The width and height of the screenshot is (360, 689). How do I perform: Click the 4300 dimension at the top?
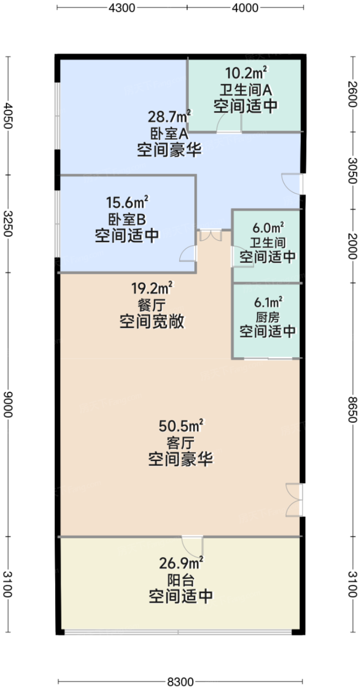click(x=122, y=8)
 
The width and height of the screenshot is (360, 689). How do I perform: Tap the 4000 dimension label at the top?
click(x=245, y=8)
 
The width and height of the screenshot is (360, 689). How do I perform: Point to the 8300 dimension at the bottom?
click(x=180, y=682)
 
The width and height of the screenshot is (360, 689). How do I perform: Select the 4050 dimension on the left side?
click(x=8, y=115)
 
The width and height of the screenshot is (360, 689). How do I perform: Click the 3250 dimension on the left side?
click(x=8, y=223)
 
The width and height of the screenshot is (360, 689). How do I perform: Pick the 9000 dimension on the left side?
click(x=8, y=405)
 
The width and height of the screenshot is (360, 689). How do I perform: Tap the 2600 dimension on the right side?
click(x=352, y=94)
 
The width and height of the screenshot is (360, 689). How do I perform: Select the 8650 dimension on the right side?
click(x=352, y=409)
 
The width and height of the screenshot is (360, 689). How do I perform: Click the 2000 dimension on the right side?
click(x=352, y=246)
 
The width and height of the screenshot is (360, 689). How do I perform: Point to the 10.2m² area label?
click(x=245, y=73)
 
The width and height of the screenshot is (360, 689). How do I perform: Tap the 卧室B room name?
click(x=127, y=219)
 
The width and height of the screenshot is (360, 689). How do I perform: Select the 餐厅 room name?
click(x=151, y=305)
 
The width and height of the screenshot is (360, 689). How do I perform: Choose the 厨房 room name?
click(x=268, y=317)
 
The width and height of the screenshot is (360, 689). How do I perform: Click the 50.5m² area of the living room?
click(x=181, y=426)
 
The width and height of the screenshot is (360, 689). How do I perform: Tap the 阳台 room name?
click(x=181, y=581)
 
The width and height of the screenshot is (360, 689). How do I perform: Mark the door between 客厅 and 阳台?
click(x=192, y=546)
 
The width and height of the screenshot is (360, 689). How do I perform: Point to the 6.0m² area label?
click(x=268, y=228)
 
